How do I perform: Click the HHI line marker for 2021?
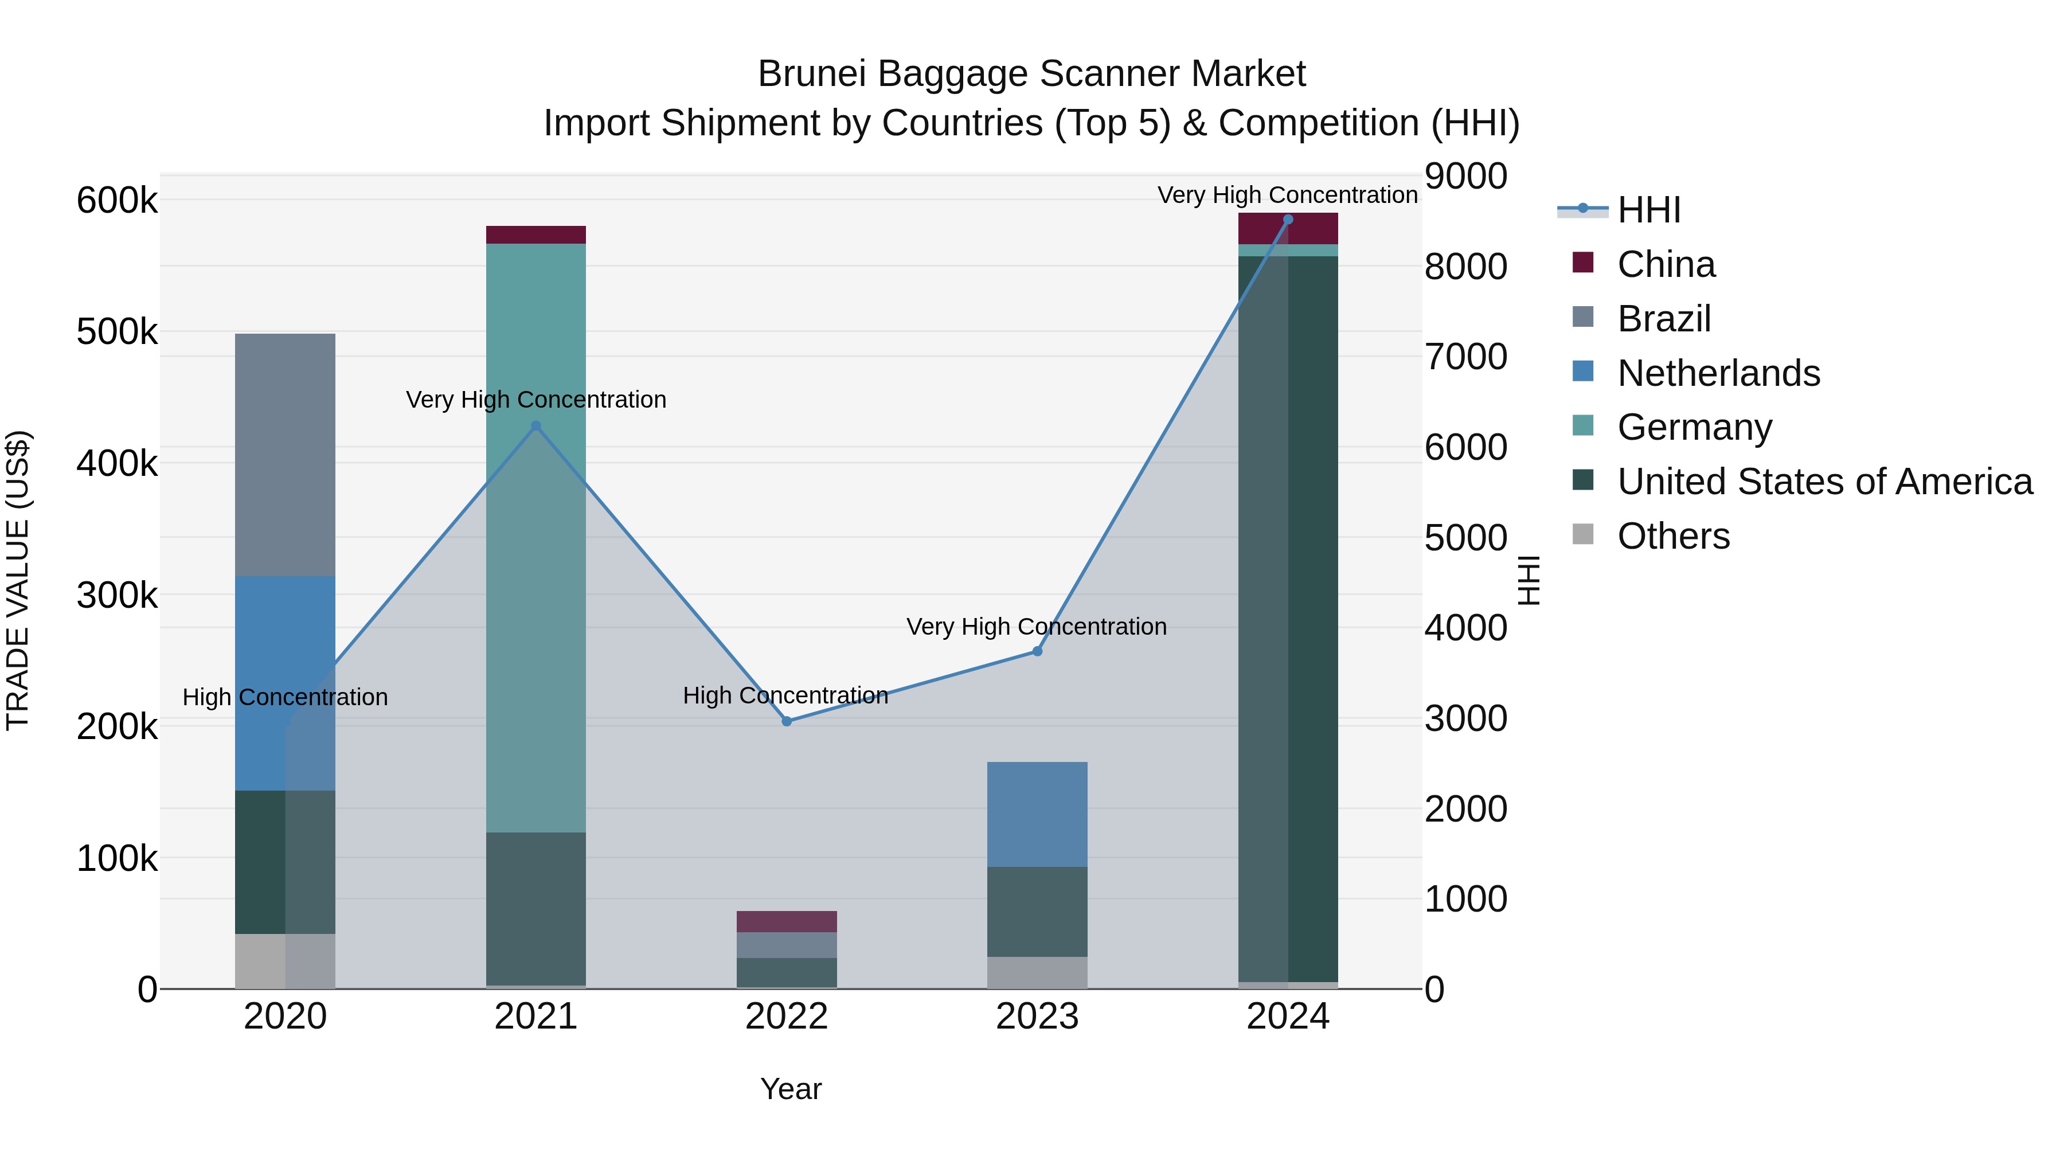pyautogui.click(x=536, y=426)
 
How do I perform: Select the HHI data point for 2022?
pyautogui.click(x=787, y=721)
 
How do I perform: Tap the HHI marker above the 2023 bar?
pyautogui.click(x=1037, y=651)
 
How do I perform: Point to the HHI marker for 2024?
pyautogui.click(x=1288, y=220)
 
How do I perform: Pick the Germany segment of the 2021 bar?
pyautogui.click(x=536, y=537)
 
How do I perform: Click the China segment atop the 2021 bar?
pyautogui.click(x=536, y=234)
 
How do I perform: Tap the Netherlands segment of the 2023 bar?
pyautogui.click(x=1037, y=814)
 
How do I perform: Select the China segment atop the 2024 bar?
pyautogui.click(x=1288, y=228)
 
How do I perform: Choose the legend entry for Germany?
pyautogui.click(x=1694, y=427)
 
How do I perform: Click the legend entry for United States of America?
pyautogui.click(x=1824, y=482)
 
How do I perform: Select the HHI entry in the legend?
pyautogui.click(x=1648, y=210)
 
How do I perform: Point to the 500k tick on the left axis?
pyautogui.click(x=117, y=332)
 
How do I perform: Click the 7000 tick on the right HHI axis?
pyautogui.click(x=1465, y=357)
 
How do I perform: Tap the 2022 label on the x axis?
pyautogui.click(x=787, y=1017)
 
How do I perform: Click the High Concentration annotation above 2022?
pyautogui.click(x=785, y=695)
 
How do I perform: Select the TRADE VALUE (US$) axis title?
pyautogui.click(x=18, y=580)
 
